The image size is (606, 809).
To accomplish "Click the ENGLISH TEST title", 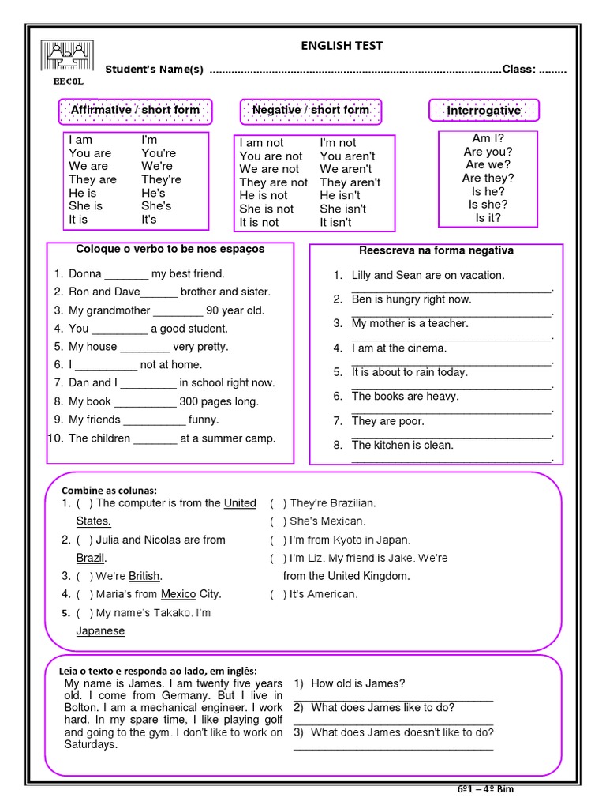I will pyautogui.click(x=342, y=46).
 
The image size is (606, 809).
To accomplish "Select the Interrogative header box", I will pyautogui.click(x=484, y=111).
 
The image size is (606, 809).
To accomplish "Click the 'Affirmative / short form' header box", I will pyautogui.click(x=135, y=110).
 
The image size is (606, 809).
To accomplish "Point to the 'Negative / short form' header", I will pyautogui.click(x=310, y=110).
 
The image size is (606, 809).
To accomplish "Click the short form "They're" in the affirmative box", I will pyautogui.click(x=161, y=179).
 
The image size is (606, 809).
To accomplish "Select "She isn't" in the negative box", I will pyautogui.click(x=342, y=209).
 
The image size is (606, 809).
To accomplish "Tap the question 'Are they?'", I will pyautogui.click(x=488, y=179).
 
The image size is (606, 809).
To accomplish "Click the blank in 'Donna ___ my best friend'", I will pyautogui.click(x=126, y=275).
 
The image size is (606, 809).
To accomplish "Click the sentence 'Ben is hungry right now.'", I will pyautogui.click(x=411, y=299).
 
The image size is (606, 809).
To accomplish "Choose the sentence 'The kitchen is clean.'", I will pyautogui.click(x=402, y=445).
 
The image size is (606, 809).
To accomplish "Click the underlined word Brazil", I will pyautogui.click(x=91, y=558).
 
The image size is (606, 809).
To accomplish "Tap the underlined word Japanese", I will pyautogui.click(x=100, y=631).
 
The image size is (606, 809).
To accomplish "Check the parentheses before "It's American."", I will pyautogui.click(x=278, y=594).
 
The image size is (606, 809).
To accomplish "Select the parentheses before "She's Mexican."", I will pyautogui.click(x=278, y=521).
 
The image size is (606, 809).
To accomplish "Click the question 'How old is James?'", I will pyautogui.click(x=357, y=683).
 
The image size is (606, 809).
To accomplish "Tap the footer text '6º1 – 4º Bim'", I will pyautogui.click(x=485, y=789).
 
